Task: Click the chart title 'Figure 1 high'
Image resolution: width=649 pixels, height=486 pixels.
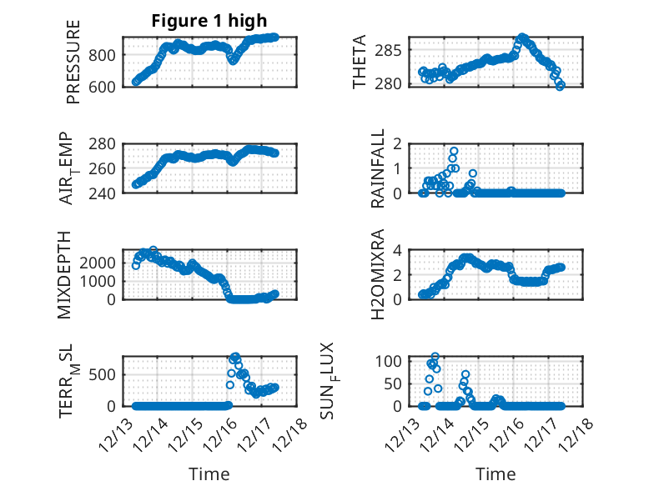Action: [x=209, y=23]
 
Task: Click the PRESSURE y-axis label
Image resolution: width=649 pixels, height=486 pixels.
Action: [x=73, y=68]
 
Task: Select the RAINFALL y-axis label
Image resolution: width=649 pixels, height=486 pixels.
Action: [x=378, y=168]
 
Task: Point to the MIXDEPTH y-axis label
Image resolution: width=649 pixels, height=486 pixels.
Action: [x=66, y=274]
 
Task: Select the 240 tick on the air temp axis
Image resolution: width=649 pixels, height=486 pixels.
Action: [x=104, y=193]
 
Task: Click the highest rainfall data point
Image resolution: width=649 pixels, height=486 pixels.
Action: [x=454, y=151]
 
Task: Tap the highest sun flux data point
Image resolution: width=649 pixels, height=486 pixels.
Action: [x=435, y=357]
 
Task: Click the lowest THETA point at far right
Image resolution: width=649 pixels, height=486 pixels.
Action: [x=561, y=85]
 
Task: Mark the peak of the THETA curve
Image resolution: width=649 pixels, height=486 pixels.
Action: [x=522, y=38]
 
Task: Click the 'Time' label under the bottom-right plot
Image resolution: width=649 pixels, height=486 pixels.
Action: [x=496, y=474]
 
